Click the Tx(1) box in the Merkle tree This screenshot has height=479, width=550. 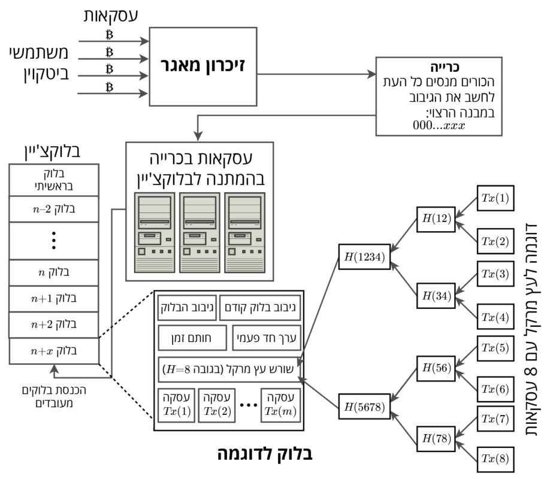tap(495, 198)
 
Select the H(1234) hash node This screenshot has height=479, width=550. tap(364, 257)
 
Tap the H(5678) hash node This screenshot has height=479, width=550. tap(364, 407)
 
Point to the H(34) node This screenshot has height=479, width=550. tap(436, 296)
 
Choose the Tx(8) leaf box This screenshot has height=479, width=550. tap(495, 459)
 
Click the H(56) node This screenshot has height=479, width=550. tap(436, 368)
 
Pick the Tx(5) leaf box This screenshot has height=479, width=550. tap(495, 348)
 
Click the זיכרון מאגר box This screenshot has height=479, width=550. tap(203, 66)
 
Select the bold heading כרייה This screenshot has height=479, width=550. tap(445, 67)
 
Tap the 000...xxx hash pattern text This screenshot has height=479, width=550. tap(439, 125)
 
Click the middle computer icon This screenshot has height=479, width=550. tap(200, 232)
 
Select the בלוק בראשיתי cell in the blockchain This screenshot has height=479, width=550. tap(54, 180)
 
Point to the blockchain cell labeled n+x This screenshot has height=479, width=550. tap(54, 351)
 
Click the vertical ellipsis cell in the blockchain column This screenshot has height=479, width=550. tap(54, 241)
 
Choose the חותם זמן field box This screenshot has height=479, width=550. tap(192, 338)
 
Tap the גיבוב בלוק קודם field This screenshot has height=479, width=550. tap(260, 308)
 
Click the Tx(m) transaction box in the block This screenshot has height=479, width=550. tap(280, 405)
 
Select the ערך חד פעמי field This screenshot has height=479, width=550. tap(267, 338)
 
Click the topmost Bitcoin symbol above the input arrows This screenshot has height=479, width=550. tap(110, 34)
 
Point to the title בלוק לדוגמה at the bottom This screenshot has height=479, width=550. tap(265, 453)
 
